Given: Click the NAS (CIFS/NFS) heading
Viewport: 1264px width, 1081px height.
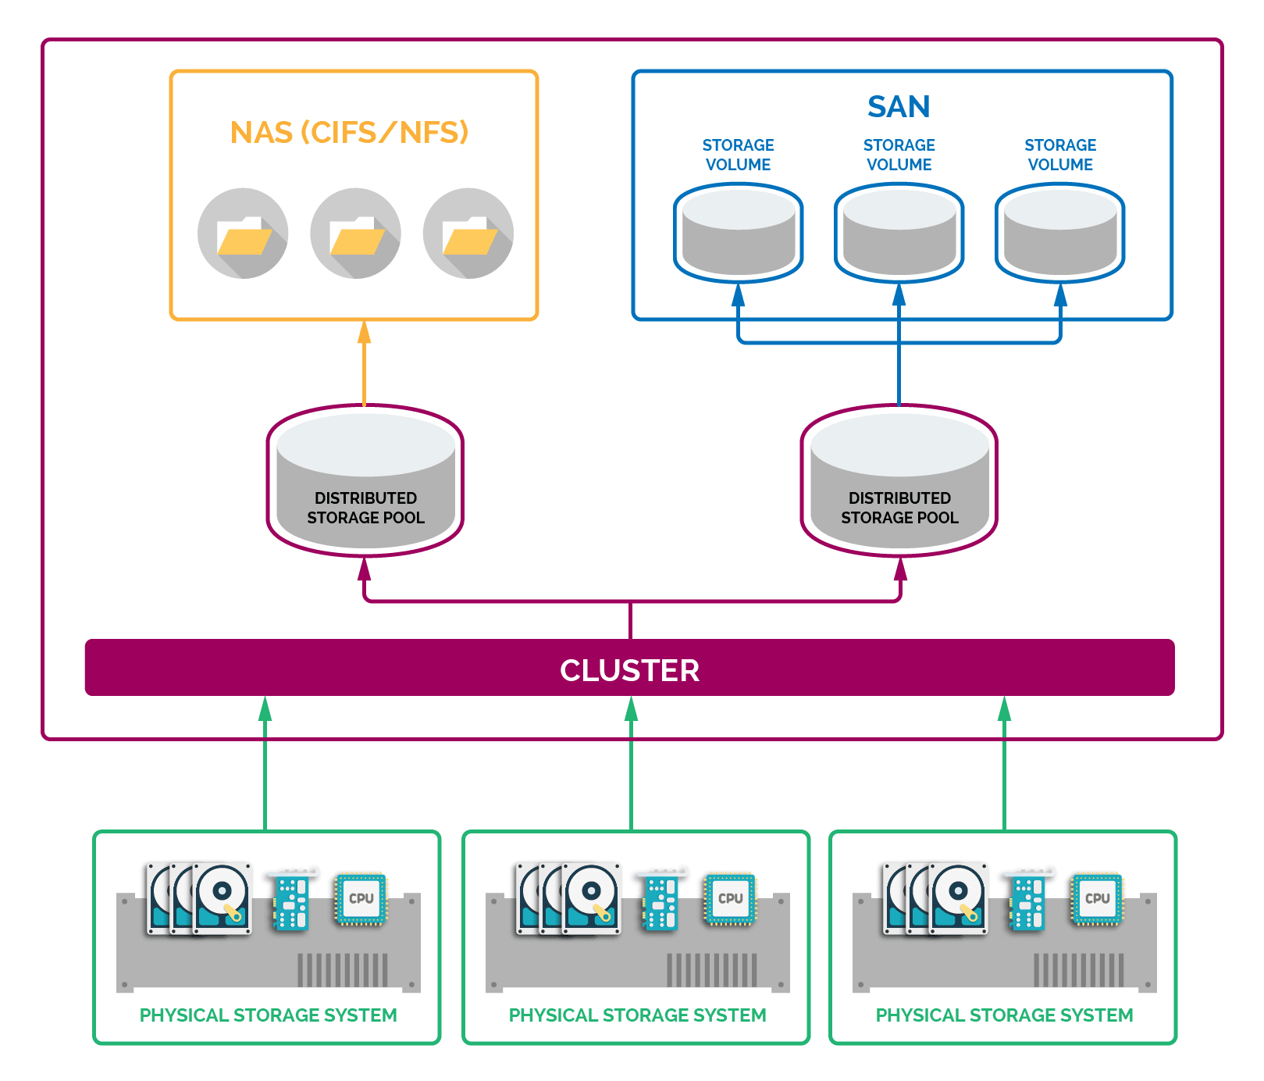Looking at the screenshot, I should (x=349, y=132).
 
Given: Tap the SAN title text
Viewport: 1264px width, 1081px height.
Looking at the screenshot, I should (x=899, y=106).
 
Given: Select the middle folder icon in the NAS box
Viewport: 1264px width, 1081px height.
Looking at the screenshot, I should (x=355, y=234).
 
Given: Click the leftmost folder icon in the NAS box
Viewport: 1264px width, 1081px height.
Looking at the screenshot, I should (x=243, y=234).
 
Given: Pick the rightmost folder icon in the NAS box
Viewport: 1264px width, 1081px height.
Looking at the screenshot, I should (x=468, y=234).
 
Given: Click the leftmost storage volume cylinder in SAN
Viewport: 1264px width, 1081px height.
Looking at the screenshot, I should (x=738, y=232).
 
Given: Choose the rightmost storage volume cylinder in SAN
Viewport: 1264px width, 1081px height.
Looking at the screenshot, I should (x=1059, y=232).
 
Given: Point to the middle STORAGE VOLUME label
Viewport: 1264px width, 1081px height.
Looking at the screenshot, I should (x=899, y=155).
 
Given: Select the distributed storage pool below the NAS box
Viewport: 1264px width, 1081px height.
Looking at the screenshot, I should (x=365, y=480).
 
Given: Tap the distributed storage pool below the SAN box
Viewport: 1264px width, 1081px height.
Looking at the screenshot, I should (x=899, y=480).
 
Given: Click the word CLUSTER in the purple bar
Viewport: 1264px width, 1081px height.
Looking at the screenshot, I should (x=629, y=670).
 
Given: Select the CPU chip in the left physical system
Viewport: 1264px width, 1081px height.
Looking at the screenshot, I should (x=361, y=899).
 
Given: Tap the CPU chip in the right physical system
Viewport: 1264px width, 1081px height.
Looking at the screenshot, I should (x=1097, y=899).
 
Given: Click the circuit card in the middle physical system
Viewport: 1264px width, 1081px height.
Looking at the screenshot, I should (x=660, y=903).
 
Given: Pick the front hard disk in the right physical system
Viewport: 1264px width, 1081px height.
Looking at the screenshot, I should (x=958, y=898).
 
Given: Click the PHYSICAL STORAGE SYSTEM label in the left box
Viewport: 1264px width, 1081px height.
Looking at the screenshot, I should (x=268, y=1015).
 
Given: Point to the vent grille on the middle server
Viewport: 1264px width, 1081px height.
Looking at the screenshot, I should (x=711, y=970).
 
